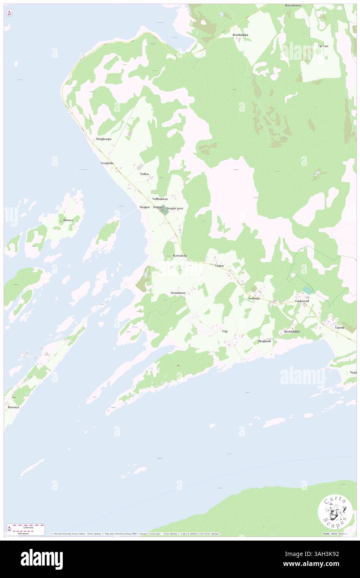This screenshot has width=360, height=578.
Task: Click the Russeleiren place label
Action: click(293, 5)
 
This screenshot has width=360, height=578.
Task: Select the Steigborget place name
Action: click(104, 139)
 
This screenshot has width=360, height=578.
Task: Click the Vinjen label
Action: click(219, 265)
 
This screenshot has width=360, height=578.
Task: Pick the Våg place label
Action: click(225, 331)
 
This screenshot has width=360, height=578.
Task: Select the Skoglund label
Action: click(264, 341)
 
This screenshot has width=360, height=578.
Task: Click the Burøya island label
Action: click(68, 220)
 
